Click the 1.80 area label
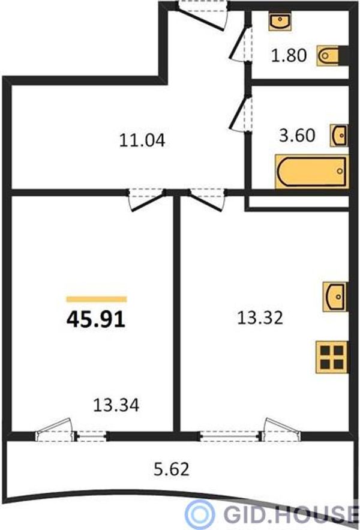click(x=289, y=55)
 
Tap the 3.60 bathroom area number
click(x=297, y=135)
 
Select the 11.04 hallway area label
click(x=142, y=140)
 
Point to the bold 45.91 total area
click(x=96, y=319)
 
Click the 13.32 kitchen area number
click(x=260, y=318)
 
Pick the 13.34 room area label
click(x=116, y=405)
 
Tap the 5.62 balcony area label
click(x=172, y=469)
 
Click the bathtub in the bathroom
click(x=311, y=171)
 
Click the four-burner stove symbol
click(x=332, y=357)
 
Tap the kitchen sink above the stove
click(x=335, y=297)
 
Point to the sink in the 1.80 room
click(x=280, y=22)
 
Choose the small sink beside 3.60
click(x=339, y=135)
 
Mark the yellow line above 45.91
click(x=97, y=299)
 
